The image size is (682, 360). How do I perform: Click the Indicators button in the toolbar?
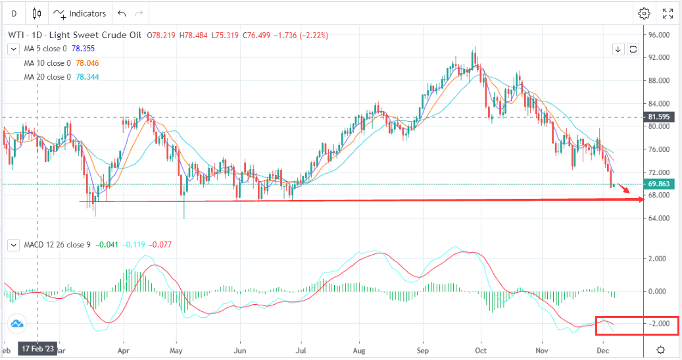tap(80, 13)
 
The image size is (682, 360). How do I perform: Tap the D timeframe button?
tap(14, 13)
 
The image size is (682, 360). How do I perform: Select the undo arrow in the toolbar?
tap(121, 13)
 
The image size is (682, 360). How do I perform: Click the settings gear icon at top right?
tap(644, 13)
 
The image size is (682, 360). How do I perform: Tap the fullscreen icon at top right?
tap(668, 13)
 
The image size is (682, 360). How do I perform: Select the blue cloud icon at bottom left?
tap(16, 323)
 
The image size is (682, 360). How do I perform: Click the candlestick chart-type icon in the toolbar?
tap(36, 13)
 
